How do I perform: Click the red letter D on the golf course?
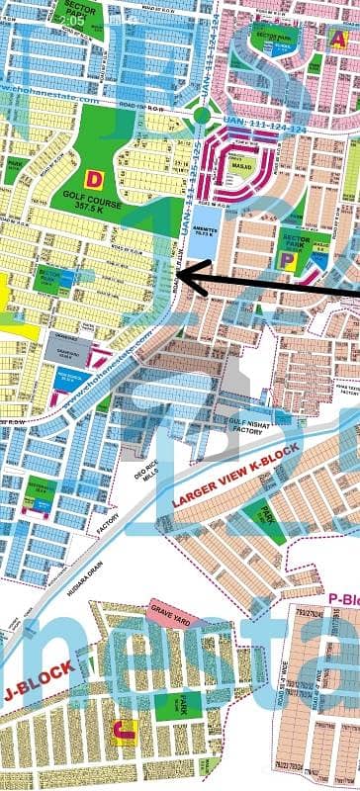point(94,179)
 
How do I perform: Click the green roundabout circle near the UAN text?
point(202,116)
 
